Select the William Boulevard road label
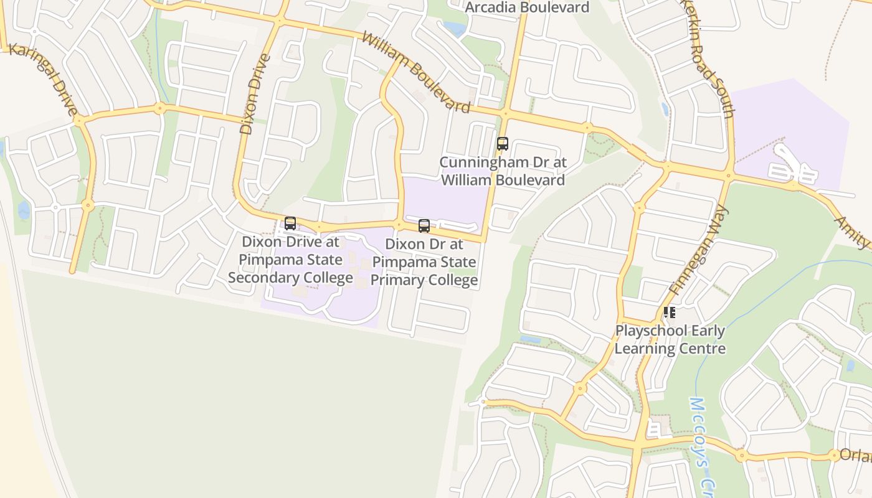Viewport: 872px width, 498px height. pyautogui.click(x=416, y=73)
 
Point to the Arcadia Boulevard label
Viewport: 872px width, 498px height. pyautogui.click(x=527, y=7)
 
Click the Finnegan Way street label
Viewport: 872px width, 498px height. pyautogui.click(x=696, y=250)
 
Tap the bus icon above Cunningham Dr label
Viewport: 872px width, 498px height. pyautogui.click(x=502, y=144)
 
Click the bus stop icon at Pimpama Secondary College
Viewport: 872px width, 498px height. pyautogui.click(x=290, y=223)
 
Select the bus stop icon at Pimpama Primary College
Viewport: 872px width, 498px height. pyautogui.click(x=424, y=226)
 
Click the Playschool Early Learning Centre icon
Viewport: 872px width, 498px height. pyautogui.click(x=670, y=312)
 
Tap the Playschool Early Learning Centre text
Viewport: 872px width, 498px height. pyautogui.click(x=670, y=339)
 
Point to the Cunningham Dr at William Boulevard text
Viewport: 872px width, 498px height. pyautogui.click(x=503, y=171)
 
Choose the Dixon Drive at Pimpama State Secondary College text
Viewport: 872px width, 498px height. pyautogui.click(x=291, y=260)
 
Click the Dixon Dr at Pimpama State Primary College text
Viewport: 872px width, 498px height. pyautogui.click(x=424, y=262)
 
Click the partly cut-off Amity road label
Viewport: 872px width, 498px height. pyautogui.click(x=852, y=232)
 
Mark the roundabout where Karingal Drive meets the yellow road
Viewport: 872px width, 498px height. pyautogui.click(x=78, y=119)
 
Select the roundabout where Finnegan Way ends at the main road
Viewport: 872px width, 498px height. pyautogui.click(x=728, y=175)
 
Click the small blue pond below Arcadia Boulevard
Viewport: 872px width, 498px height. pyautogui.click(x=455, y=29)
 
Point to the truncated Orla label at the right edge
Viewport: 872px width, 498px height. pyautogui.click(x=855, y=455)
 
